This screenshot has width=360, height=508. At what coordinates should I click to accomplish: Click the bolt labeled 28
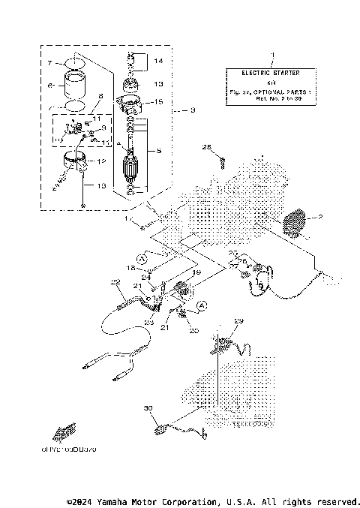(x=222, y=158)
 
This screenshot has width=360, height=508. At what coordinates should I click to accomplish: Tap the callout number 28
(x=205, y=147)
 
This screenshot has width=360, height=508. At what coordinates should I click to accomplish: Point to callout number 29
(x=238, y=321)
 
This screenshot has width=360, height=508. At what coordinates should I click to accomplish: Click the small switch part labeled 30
(x=162, y=430)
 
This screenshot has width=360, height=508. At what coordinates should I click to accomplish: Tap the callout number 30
(x=148, y=408)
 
